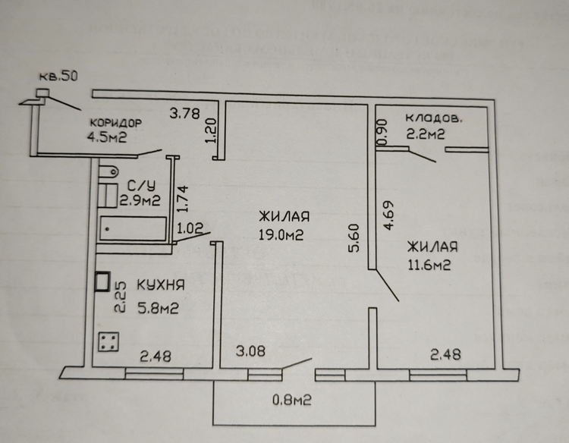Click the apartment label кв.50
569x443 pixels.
coord(58,76)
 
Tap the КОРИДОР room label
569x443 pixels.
coord(116,123)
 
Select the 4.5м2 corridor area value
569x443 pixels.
coord(107,137)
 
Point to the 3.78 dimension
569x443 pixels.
coord(184,113)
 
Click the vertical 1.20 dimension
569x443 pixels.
coord(211,130)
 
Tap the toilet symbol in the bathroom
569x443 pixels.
coord(108,171)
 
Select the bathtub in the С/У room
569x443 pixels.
coord(134,228)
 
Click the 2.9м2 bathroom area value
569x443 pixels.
coord(140,200)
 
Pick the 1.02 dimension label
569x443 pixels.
coord(190,228)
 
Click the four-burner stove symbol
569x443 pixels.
coord(108,342)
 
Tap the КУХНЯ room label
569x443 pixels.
coord(161,284)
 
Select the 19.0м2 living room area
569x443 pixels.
coord(281,234)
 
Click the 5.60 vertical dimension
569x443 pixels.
coord(354,237)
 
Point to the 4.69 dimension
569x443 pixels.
coord(388,215)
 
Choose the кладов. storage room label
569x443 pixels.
coord(434,118)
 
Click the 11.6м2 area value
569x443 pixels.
coord(429,265)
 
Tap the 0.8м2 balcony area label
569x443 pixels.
coord(292,401)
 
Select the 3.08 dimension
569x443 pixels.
coord(250,351)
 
